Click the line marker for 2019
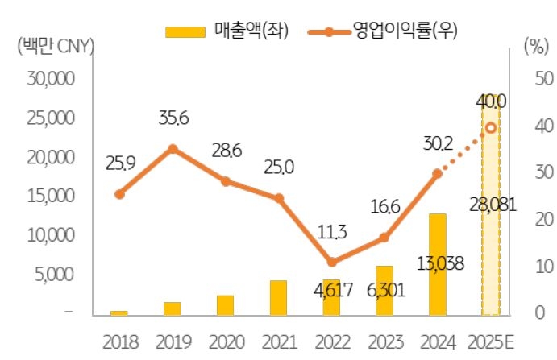pos(173,149)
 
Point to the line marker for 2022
pos(331,262)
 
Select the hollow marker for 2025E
pos(490,127)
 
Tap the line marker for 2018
pos(119,193)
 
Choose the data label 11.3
pos(331,233)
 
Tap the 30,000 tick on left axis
pos(50,79)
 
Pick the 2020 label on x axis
pos(226,341)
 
